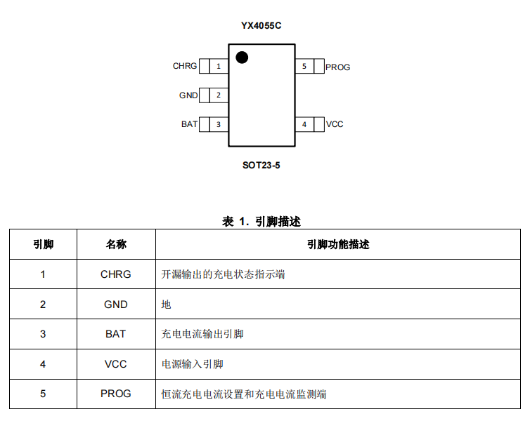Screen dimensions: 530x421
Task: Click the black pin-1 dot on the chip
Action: pos(242,58)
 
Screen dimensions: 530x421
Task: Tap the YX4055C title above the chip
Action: pos(261,26)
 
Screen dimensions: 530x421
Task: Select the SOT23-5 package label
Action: pos(261,166)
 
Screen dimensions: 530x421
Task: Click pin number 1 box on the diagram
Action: pos(219,66)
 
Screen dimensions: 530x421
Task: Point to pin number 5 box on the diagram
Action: pos(304,66)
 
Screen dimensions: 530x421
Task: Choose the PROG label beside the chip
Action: pos(337,67)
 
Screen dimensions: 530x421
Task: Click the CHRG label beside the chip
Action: pos(185,66)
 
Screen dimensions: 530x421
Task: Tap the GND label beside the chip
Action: pos(188,95)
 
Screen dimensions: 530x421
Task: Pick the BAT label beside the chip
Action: pos(189,124)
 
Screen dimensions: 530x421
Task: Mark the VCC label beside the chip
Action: pos(335,124)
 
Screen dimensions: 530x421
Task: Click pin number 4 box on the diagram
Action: pos(304,124)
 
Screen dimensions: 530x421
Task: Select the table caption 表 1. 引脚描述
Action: pos(261,222)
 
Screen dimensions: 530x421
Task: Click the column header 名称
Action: pos(116,244)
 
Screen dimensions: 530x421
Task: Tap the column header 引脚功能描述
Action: pos(338,244)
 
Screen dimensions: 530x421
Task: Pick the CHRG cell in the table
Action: pos(115,274)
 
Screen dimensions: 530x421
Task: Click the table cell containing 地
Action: pos(338,304)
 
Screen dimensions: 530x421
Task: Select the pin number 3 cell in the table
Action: pos(43,334)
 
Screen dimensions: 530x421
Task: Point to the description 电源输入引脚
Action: pos(193,364)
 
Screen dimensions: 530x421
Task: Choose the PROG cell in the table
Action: pos(115,394)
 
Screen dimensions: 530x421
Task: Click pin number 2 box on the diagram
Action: pos(219,95)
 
